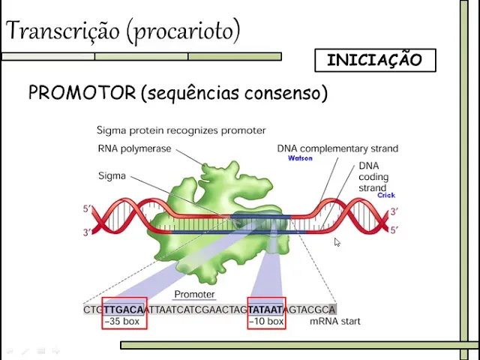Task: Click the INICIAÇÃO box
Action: point(374,60)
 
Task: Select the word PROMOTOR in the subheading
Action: point(82,93)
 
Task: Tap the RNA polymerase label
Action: point(134,148)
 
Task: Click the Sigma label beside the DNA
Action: point(112,176)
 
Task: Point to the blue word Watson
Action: point(300,158)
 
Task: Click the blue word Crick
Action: point(385,195)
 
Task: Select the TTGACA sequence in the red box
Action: point(124,309)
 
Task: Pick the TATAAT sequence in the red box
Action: point(265,309)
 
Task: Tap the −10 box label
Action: point(267,322)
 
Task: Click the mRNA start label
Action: point(334,322)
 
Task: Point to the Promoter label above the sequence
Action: point(194,295)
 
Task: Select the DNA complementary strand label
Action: point(337,148)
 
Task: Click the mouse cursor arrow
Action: point(337,242)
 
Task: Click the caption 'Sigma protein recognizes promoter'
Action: point(181,130)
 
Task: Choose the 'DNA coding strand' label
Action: point(373,177)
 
